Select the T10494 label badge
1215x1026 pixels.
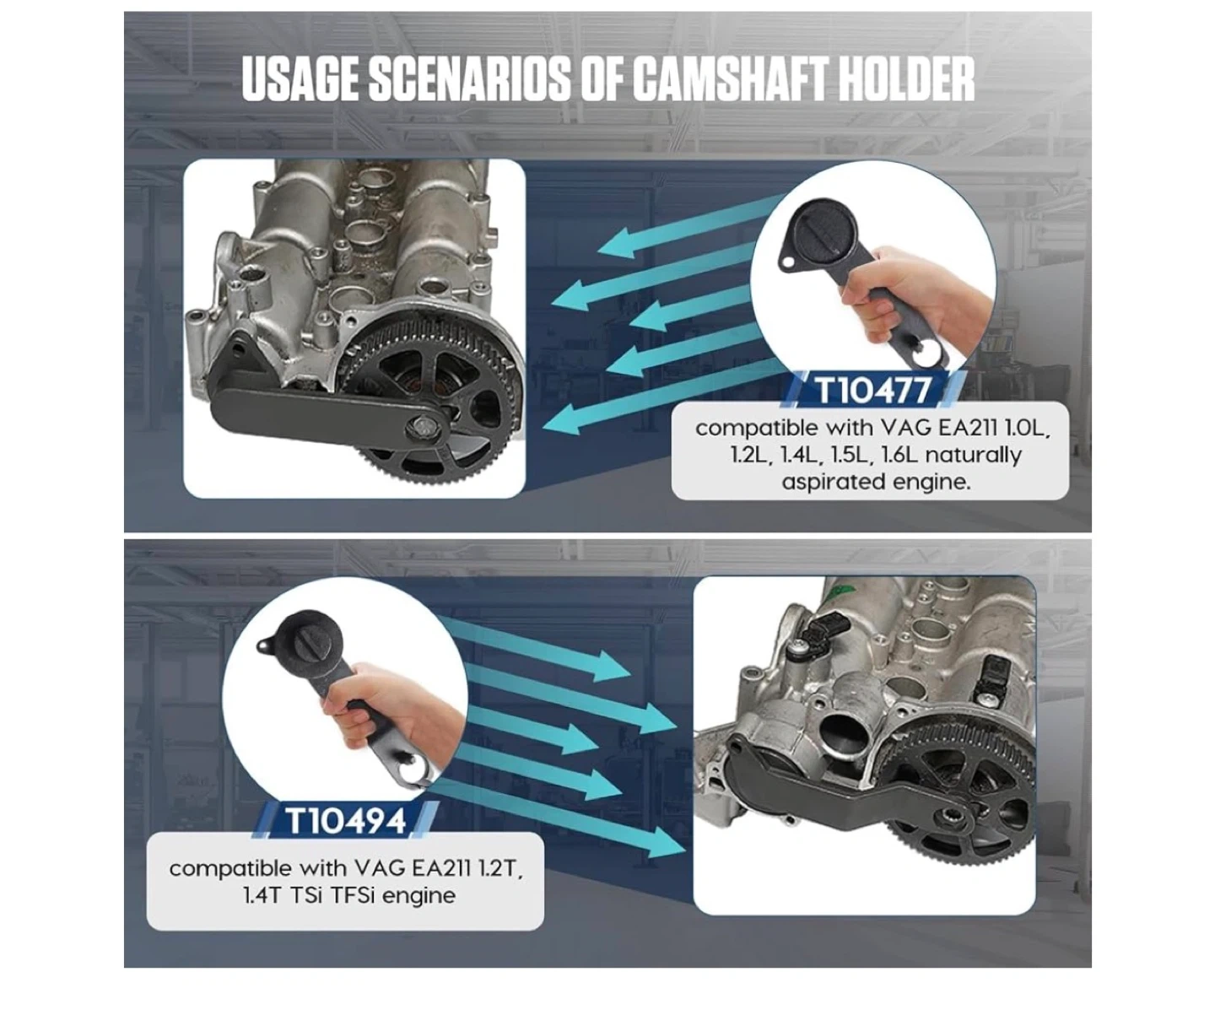point(346,820)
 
